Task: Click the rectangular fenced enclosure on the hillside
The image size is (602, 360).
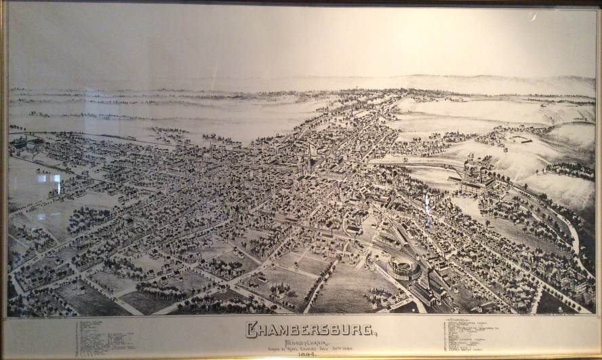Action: tap(521, 139)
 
